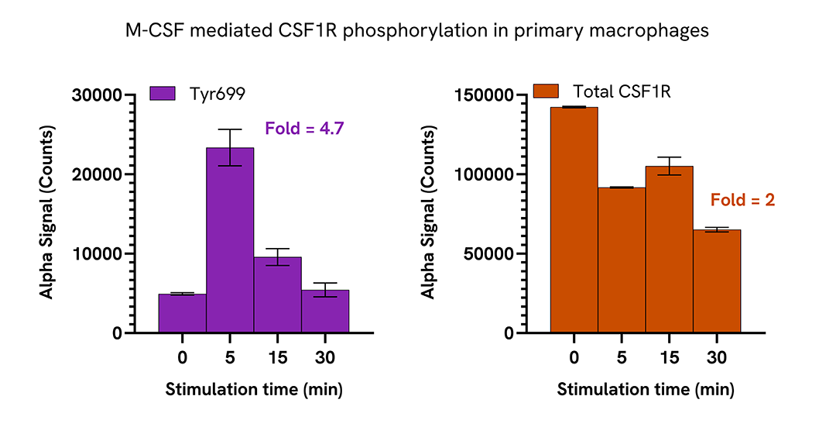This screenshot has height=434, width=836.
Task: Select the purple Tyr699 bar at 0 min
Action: click(x=183, y=313)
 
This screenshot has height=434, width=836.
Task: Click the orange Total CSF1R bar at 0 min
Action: click(x=574, y=220)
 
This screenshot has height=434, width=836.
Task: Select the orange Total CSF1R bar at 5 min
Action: click(x=622, y=260)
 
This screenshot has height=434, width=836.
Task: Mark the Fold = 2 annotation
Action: click(x=742, y=200)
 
